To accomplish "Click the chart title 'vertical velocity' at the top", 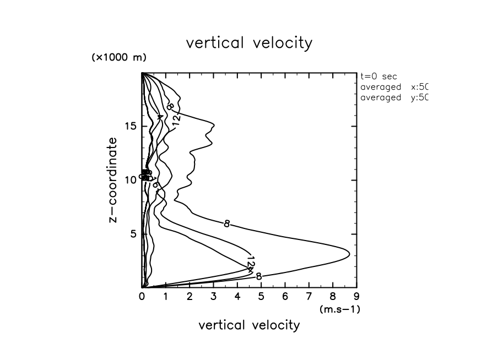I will point(249,43).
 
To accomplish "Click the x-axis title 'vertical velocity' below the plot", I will point(249,325).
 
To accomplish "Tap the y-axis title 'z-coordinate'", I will point(114,180).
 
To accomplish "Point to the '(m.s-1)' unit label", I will point(339,309).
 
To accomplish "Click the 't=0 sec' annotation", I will point(378,77).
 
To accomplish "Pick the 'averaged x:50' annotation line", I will point(393,88).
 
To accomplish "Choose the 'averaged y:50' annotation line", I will point(393,98).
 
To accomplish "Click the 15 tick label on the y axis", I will point(130,126).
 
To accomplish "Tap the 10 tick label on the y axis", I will point(130,180).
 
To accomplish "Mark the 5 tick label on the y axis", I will point(133,234).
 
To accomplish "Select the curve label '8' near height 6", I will point(226,223).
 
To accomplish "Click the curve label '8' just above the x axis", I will point(258,276).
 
